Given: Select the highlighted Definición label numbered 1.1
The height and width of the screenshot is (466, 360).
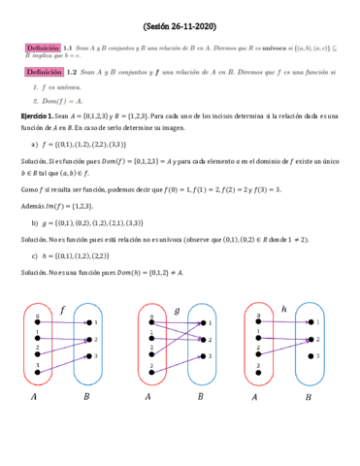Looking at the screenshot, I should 45,46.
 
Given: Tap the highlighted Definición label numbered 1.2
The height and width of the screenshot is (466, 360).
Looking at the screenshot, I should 45,72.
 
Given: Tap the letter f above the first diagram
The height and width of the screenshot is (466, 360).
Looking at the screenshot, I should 63,310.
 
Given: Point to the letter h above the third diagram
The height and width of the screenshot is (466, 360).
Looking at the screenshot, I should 281,309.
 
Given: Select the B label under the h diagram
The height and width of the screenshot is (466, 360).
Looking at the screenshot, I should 309,395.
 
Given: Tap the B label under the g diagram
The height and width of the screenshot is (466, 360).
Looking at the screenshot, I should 200,395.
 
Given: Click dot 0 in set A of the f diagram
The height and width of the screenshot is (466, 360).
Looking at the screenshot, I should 37,322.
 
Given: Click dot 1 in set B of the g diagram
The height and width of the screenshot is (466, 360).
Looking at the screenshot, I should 201,322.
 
